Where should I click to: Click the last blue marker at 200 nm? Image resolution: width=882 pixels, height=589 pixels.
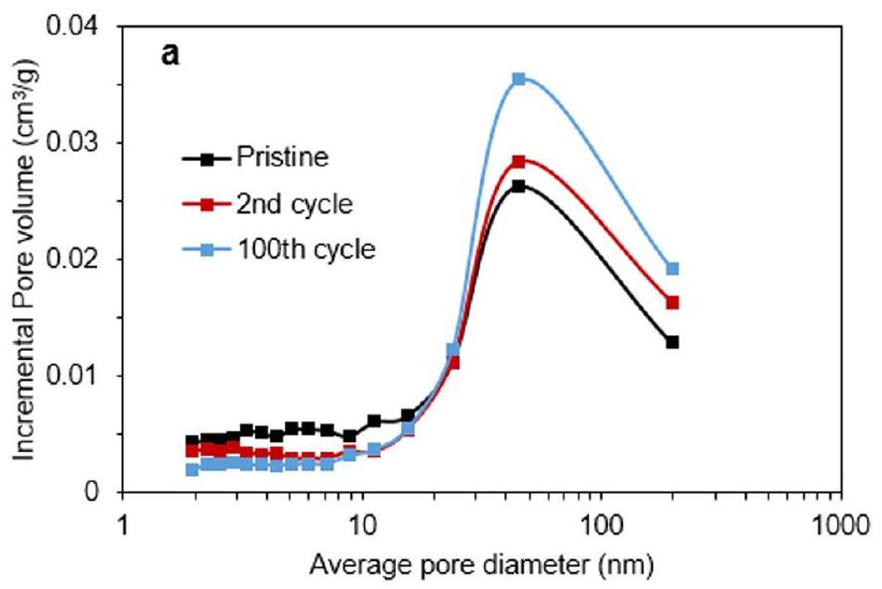(x=673, y=268)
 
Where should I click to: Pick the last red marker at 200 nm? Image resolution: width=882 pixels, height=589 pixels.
(x=673, y=302)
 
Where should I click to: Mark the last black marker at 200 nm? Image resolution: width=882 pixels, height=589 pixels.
(x=673, y=342)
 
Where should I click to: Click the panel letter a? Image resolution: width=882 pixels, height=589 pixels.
(x=171, y=55)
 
